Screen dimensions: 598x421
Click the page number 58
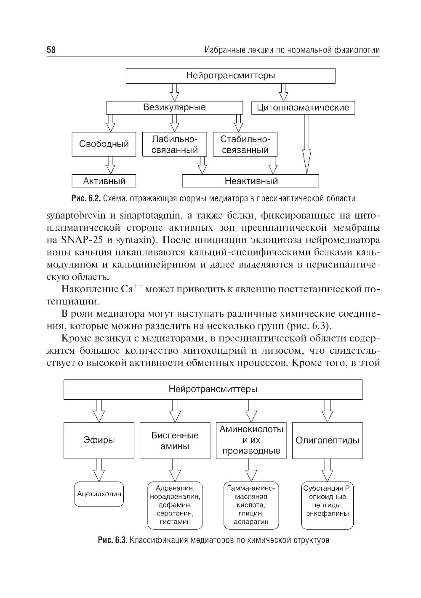point(51,50)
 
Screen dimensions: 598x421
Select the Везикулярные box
point(174,107)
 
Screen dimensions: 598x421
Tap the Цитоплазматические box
point(303,108)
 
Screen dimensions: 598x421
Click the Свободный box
point(104,144)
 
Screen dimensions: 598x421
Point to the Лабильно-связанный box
point(175,144)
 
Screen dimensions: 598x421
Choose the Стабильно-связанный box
point(245,144)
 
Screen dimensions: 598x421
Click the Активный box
point(104,181)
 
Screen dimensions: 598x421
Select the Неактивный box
point(251,181)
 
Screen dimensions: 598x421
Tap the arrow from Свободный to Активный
point(111,165)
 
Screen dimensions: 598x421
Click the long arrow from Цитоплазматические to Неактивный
point(307,143)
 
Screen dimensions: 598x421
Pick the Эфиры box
point(99,440)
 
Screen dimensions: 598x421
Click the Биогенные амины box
point(175,440)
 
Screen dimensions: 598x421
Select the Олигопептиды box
point(328,440)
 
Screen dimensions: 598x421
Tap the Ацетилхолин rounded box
point(99,493)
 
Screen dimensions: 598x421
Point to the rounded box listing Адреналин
point(175,505)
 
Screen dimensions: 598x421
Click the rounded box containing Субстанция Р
point(328,505)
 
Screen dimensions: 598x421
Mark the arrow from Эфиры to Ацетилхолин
point(99,470)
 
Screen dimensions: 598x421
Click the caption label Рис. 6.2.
point(86,198)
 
